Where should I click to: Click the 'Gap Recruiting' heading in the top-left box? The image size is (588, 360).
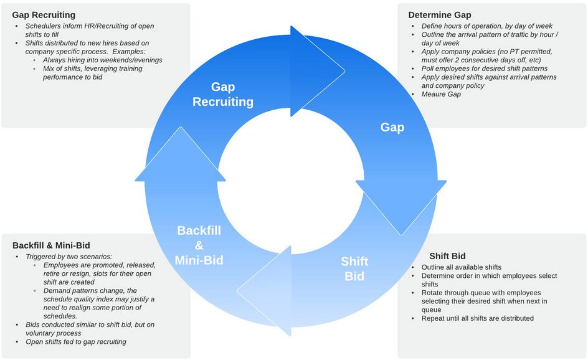[x=44, y=14]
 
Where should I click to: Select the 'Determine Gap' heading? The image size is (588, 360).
[x=440, y=14]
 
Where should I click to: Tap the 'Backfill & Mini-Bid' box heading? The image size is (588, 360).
[x=51, y=245]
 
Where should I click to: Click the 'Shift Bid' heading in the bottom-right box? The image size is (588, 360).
[x=447, y=256]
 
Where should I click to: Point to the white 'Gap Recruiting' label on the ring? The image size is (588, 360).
[x=223, y=94]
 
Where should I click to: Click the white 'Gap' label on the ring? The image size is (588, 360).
[x=392, y=127]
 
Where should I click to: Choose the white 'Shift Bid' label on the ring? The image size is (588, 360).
[x=354, y=268]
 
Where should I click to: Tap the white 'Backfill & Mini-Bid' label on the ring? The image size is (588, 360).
[x=199, y=245]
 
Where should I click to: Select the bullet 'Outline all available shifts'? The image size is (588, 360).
[x=462, y=267]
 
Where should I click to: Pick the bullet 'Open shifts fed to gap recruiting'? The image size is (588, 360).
[x=76, y=341]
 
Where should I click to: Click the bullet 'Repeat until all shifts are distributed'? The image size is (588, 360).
[x=478, y=318]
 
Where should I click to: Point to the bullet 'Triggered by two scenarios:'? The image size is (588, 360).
[x=69, y=257]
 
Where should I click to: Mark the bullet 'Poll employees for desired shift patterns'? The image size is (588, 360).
[x=485, y=69]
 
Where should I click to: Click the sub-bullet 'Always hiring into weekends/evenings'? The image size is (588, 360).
[x=103, y=60]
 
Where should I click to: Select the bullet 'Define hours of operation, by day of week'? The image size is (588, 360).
[x=487, y=26]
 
